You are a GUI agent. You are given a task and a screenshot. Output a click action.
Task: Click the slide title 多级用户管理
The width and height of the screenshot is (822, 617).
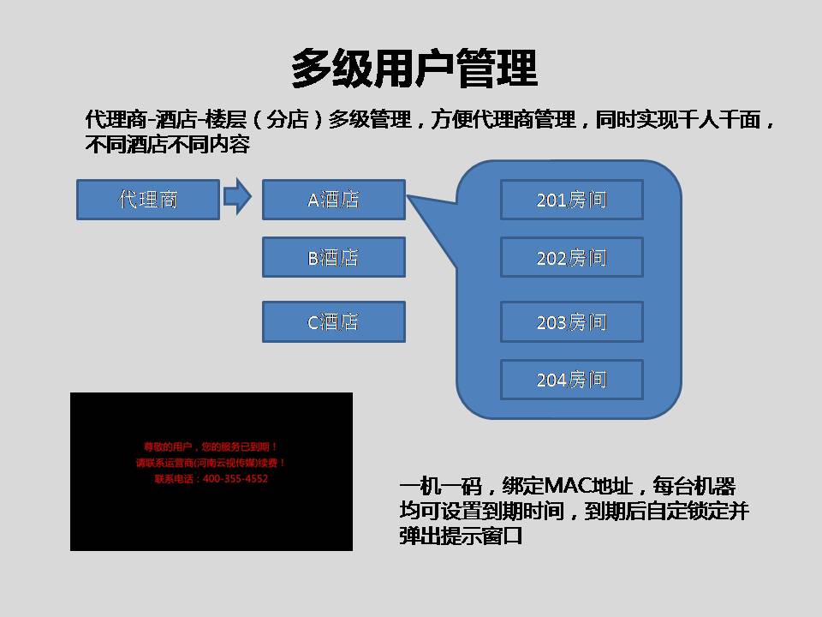[x=414, y=69]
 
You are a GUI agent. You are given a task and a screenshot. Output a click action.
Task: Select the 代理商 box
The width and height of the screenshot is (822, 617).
[x=148, y=200]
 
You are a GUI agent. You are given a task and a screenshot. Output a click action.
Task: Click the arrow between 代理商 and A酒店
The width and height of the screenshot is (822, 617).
[x=237, y=197]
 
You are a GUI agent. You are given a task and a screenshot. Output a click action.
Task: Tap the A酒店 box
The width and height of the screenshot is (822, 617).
[x=333, y=200]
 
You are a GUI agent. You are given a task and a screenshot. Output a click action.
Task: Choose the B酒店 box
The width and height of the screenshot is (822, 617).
[x=333, y=257]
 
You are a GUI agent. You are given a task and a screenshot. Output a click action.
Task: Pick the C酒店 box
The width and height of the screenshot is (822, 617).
[x=333, y=322]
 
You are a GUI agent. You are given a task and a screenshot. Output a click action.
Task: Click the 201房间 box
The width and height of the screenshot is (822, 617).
[x=571, y=200]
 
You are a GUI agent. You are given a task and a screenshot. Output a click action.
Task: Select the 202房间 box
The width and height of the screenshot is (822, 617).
[x=571, y=257]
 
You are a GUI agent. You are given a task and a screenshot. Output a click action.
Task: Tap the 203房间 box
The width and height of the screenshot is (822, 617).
[x=571, y=322]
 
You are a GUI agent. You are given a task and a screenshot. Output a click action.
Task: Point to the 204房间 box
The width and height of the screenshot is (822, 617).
[x=571, y=380]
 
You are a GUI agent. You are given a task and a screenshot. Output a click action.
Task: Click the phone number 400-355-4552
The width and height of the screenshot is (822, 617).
[x=235, y=479]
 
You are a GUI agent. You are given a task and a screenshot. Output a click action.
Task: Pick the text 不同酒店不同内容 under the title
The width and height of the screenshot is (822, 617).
[x=168, y=145]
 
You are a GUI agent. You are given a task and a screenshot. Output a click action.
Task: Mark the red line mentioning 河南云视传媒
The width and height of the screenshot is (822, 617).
[x=211, y=463]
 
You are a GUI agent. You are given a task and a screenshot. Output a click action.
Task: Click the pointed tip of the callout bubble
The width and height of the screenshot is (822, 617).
[x=409, y=197]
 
